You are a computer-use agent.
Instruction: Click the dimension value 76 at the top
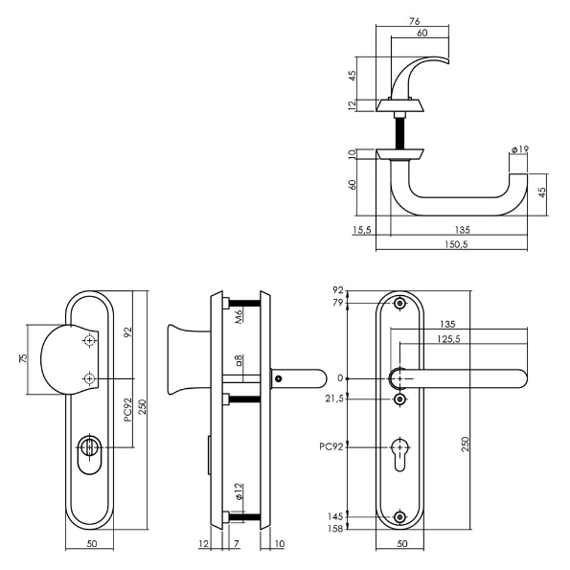pos(415,21)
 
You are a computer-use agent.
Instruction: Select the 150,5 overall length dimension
pos(456,244)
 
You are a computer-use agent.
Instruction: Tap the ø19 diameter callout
pos(519,149)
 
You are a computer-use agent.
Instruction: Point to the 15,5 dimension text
pos(362,230)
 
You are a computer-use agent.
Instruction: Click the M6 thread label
pos(239,314)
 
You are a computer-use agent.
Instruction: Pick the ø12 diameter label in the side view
pos(239,491)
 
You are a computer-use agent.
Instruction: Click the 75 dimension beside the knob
pos(23,358)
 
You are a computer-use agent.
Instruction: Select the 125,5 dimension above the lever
pos(448,339)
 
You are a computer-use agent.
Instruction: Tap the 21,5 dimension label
pos(334,399)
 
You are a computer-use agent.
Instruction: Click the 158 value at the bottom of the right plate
pos(335,528)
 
